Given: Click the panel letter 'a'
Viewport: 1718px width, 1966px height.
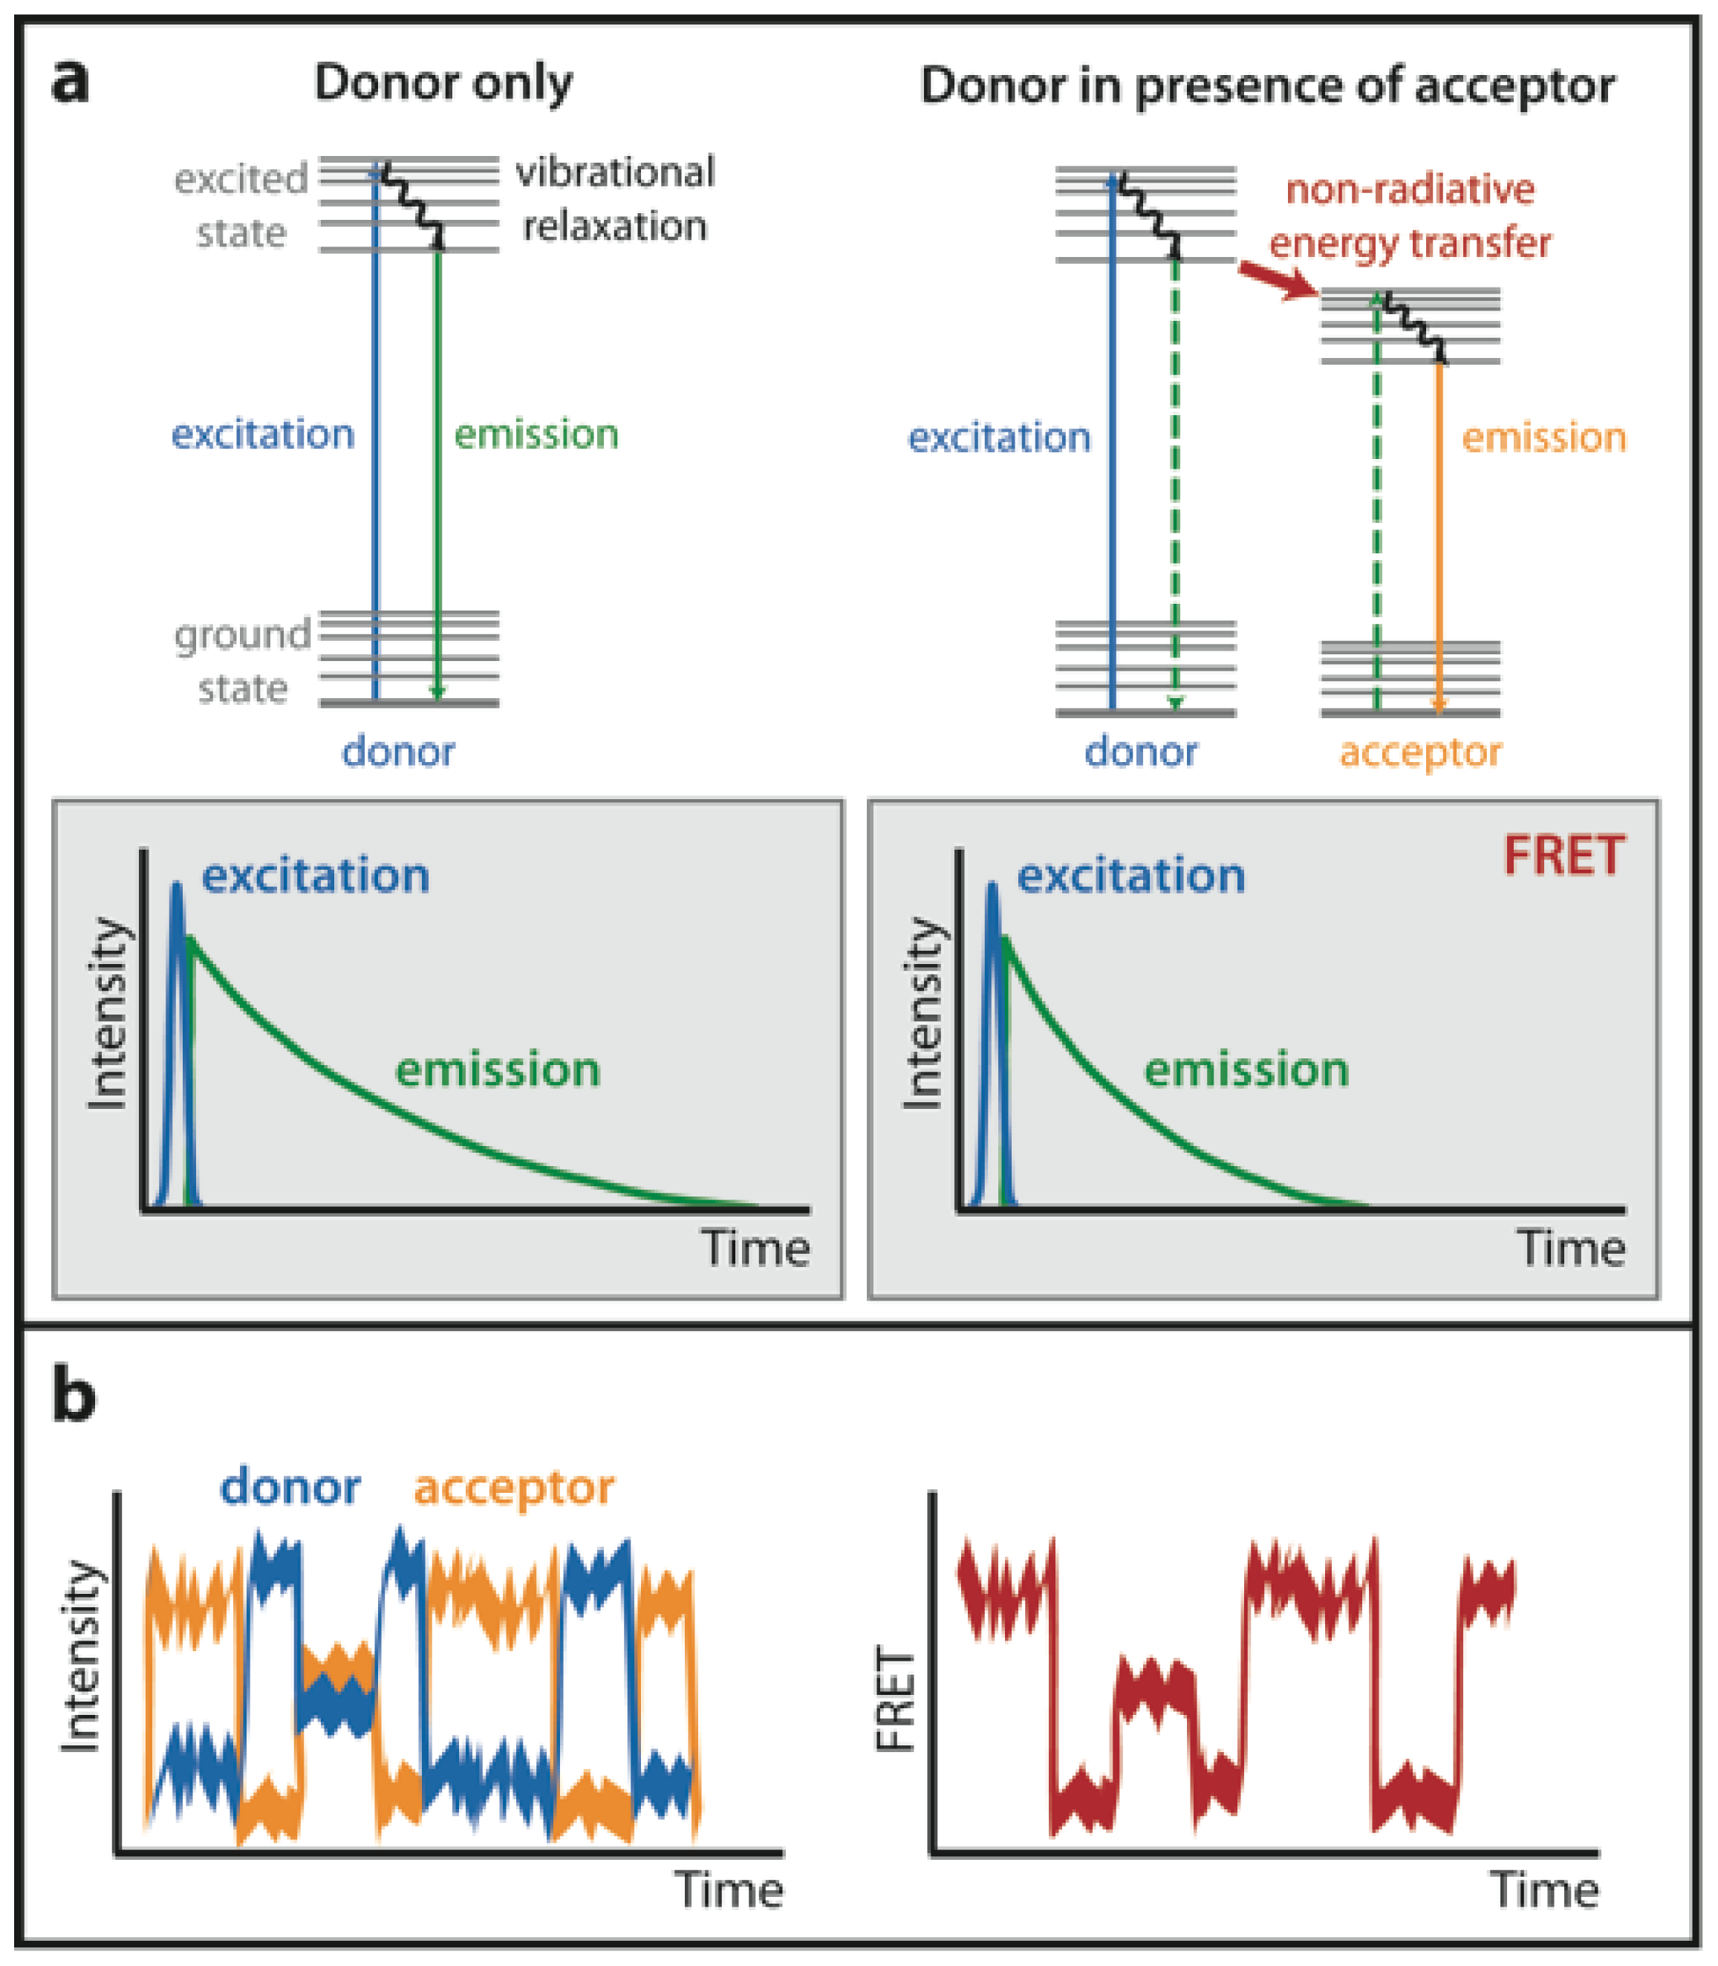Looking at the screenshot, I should click(x=70, y=82).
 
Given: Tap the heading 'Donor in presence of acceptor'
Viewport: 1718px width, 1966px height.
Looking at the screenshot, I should click(x=1267, y=85).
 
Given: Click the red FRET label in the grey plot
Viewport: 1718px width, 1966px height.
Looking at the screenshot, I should click(x=1564, y=855).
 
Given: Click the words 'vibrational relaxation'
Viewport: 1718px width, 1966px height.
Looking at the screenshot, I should click(x=614, y=198).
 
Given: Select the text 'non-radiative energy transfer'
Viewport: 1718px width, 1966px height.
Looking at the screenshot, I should click(x=1409, y=215).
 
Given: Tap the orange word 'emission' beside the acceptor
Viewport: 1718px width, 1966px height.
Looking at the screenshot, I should click(x=1543, y=438).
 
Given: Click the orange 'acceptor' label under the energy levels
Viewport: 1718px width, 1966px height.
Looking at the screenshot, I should click(x=1420, y=752).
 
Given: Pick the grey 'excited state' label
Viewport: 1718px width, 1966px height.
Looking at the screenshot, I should click(x=241, y=205).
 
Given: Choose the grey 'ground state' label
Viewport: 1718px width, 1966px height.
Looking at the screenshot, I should click(x=243, y=662).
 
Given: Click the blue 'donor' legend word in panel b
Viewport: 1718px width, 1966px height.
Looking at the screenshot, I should click(x=290, y=1487).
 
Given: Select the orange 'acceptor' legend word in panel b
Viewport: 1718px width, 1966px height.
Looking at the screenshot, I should click(x=514, y=1488).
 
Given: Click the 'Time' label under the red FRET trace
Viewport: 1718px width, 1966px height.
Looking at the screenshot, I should click(x=1543, y=1889).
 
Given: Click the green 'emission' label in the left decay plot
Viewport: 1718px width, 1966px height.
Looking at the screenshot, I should click(x=498, y=1069).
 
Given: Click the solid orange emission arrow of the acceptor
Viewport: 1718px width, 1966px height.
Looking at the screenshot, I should click(x=1438, y=537).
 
